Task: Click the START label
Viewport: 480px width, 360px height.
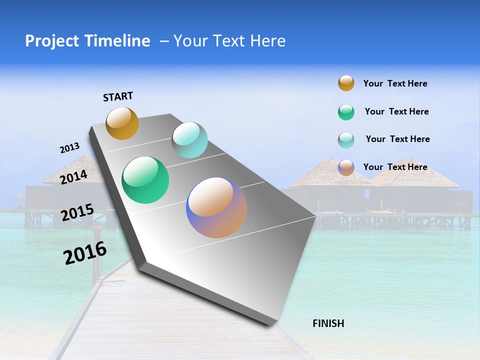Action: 118,96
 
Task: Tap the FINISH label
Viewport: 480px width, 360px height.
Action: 328,323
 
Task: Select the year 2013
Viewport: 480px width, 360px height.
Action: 69,148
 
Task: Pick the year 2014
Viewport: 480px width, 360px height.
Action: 73,177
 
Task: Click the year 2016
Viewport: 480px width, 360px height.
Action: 85,252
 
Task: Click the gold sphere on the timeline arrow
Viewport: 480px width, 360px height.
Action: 122,123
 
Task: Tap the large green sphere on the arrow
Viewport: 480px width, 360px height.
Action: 145,180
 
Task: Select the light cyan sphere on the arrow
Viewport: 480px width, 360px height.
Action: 190,140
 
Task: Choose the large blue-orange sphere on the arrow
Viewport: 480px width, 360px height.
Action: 216,207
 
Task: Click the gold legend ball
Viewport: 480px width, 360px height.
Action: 346,83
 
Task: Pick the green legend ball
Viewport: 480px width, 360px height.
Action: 346,112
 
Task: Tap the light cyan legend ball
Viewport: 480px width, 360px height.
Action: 346,140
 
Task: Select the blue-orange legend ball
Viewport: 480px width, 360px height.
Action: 346,167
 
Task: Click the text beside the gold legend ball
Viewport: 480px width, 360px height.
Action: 395,83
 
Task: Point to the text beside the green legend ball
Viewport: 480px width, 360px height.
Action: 396,111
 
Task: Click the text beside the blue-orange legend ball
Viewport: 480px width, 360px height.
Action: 395,167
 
